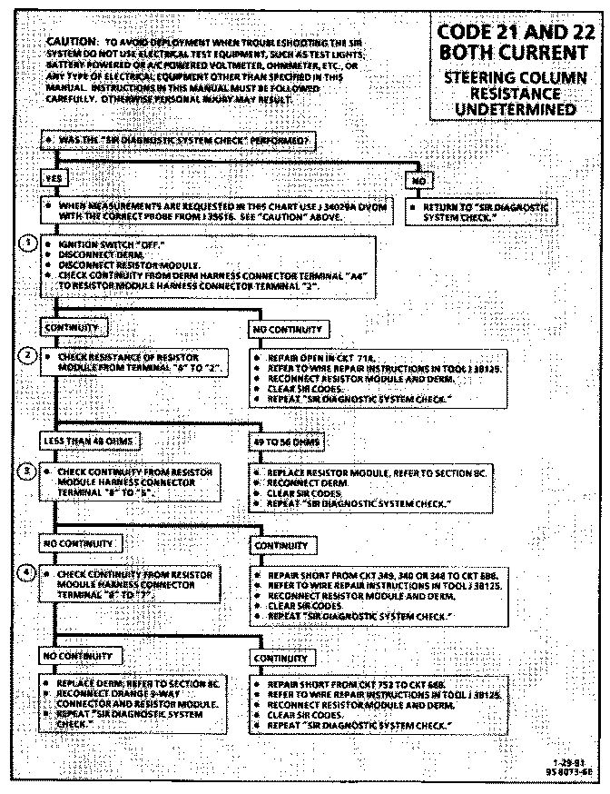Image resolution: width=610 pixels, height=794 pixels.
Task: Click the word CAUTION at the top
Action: point(71,42)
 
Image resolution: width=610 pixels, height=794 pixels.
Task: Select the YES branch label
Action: point(54,180)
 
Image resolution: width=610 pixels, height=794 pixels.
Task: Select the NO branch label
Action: point(419,180)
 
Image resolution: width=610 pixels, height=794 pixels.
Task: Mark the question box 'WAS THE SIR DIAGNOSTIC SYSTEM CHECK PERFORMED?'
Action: point(178,141)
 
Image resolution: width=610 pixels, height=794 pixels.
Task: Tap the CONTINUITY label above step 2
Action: point(72,326)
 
